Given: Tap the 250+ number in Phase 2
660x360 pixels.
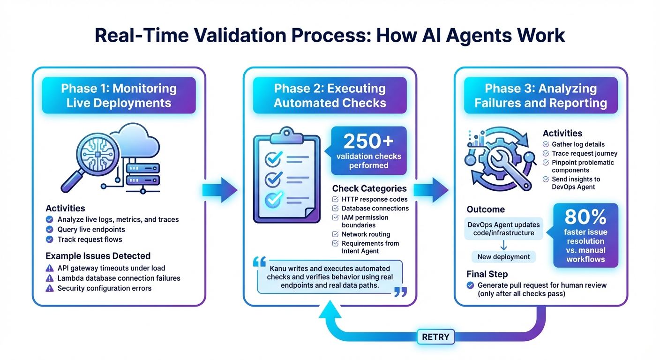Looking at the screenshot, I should [x=368, y=142].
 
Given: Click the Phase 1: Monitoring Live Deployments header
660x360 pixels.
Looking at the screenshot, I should [x=119, y=96].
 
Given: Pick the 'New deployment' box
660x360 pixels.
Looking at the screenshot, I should [x=503, y=257].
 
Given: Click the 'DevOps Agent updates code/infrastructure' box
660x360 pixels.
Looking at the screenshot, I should [x=503, y=229].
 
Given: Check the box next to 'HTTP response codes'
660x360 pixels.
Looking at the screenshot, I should [x=335, y=199].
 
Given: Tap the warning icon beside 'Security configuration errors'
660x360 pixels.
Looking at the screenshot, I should [x=49, y=288].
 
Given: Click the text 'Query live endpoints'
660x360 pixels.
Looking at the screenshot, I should [x=91, y=230].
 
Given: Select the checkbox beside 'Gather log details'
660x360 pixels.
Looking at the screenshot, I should [x=546, y=144].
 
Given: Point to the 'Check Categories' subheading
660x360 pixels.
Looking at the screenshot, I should [x=369, y=188].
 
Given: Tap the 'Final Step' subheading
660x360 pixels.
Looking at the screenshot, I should [x=487, y=274].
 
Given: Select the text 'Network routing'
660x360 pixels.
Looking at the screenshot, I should [x=366, y=234].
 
